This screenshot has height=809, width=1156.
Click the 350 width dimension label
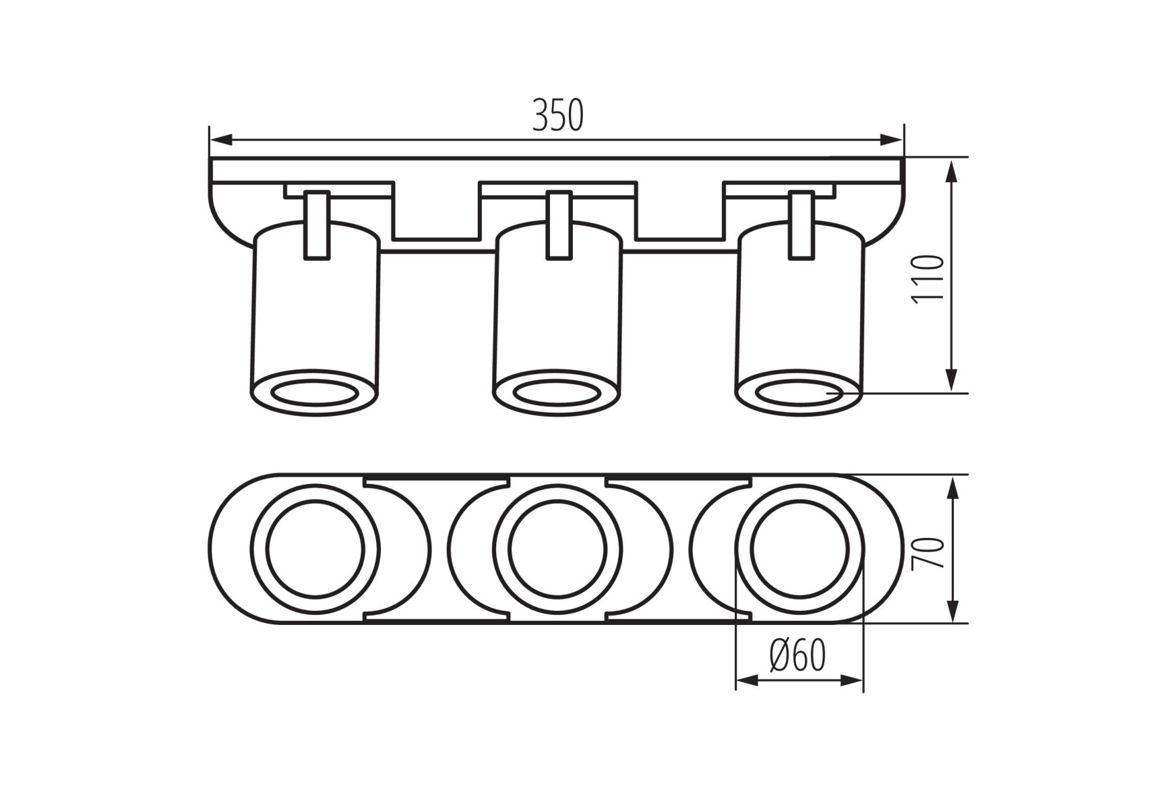pos(557,115)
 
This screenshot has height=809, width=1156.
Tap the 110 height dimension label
pos(928,279)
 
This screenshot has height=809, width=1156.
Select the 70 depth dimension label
pos(928,553)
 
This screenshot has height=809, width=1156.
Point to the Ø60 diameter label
pos(797,655)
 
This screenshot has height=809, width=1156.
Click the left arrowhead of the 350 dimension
pos(221,140)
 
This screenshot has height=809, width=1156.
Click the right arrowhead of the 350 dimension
pos(891,140)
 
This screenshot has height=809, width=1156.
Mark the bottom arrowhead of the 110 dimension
pos(952,380)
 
